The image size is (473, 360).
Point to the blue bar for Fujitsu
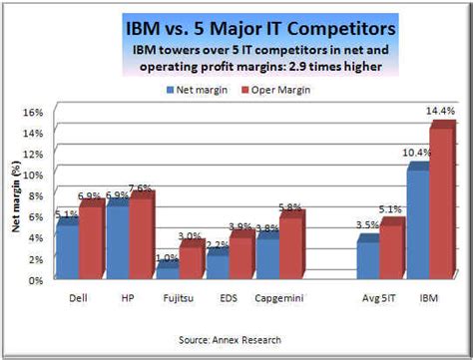(168, 271)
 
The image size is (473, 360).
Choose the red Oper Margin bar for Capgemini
(290, 247)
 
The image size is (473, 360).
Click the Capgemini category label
(282, 298)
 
